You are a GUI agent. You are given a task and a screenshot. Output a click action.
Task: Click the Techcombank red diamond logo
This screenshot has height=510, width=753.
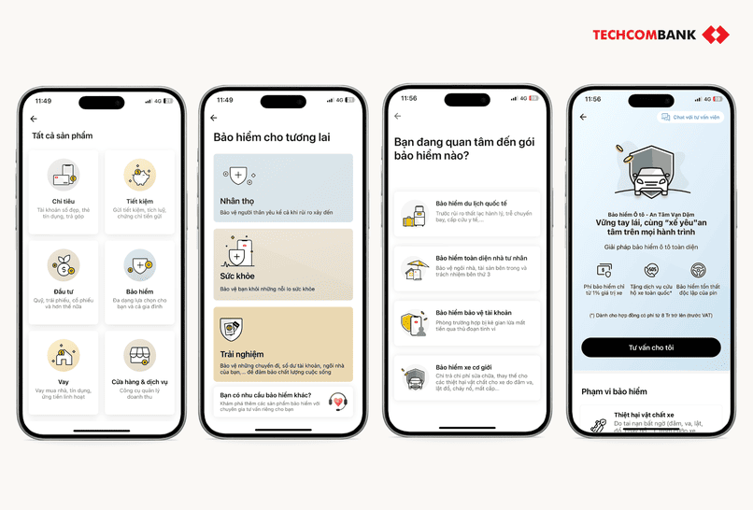[716, 35]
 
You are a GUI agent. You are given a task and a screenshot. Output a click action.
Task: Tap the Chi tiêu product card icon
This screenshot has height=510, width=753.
[64, 175]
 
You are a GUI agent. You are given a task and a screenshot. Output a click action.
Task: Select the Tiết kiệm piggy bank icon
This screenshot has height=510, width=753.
[139, 175]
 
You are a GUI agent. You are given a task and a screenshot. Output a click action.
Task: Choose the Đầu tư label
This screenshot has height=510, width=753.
[64, 291]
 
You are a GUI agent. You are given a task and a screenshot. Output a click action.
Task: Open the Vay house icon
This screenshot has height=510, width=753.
[64, 353]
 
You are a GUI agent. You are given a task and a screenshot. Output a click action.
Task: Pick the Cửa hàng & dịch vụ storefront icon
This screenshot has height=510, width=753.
[139, 353]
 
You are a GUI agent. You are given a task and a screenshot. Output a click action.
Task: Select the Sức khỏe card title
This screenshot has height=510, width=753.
[237, 277]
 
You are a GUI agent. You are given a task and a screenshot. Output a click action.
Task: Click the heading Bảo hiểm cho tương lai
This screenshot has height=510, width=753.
[271, 137]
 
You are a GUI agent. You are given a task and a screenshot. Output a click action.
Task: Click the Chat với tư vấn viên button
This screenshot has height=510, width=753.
[690, 118]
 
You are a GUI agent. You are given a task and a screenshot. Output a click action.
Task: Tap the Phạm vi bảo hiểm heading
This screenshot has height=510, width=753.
[614, 391]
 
